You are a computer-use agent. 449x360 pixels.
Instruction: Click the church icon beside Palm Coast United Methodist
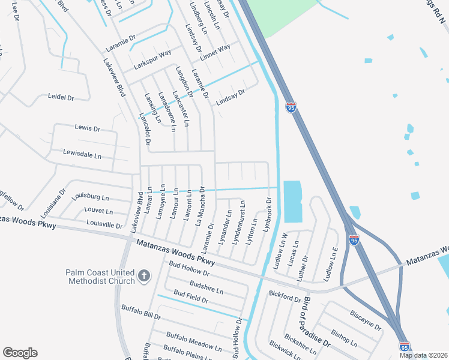(143, 276)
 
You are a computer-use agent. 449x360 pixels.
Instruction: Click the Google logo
(20, 353)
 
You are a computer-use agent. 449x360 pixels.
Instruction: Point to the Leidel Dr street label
(61, 97)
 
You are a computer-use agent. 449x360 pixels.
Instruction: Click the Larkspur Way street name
(157, 60)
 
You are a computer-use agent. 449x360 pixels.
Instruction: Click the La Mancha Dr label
(201, 205)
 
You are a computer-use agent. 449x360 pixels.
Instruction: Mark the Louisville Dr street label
(104, 226)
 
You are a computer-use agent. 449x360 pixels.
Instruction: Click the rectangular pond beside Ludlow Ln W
(292, 202)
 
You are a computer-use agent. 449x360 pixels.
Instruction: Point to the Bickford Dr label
(285, 296)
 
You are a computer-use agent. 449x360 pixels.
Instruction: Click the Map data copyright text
(424, 355)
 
